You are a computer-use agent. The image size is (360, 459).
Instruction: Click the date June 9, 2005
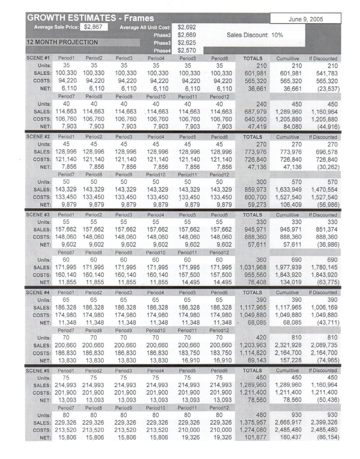pyautogui.click(x=305, y=19)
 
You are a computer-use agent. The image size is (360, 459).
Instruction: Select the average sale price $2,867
pyautogui.click(x=94, y=27)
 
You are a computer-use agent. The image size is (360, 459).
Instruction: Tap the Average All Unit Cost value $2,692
pyautogui.click(x=187, y=28)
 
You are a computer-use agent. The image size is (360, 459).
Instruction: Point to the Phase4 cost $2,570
pyautogui.click(x=187, y=50)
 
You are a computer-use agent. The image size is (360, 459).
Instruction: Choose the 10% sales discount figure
pyautogui.click(x=277, y=35)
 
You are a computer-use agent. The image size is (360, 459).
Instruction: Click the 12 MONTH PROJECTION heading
pyautogui.click(x=62, y=42)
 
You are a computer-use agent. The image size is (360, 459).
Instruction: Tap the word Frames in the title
pyautogui.click(x=139, y=18)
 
